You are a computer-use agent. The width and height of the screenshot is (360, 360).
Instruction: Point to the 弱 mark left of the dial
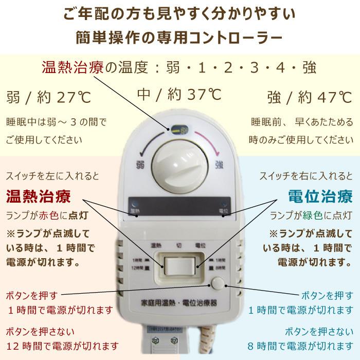coord(139,165)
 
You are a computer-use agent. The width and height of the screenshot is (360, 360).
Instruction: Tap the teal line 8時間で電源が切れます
coord(298,345)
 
